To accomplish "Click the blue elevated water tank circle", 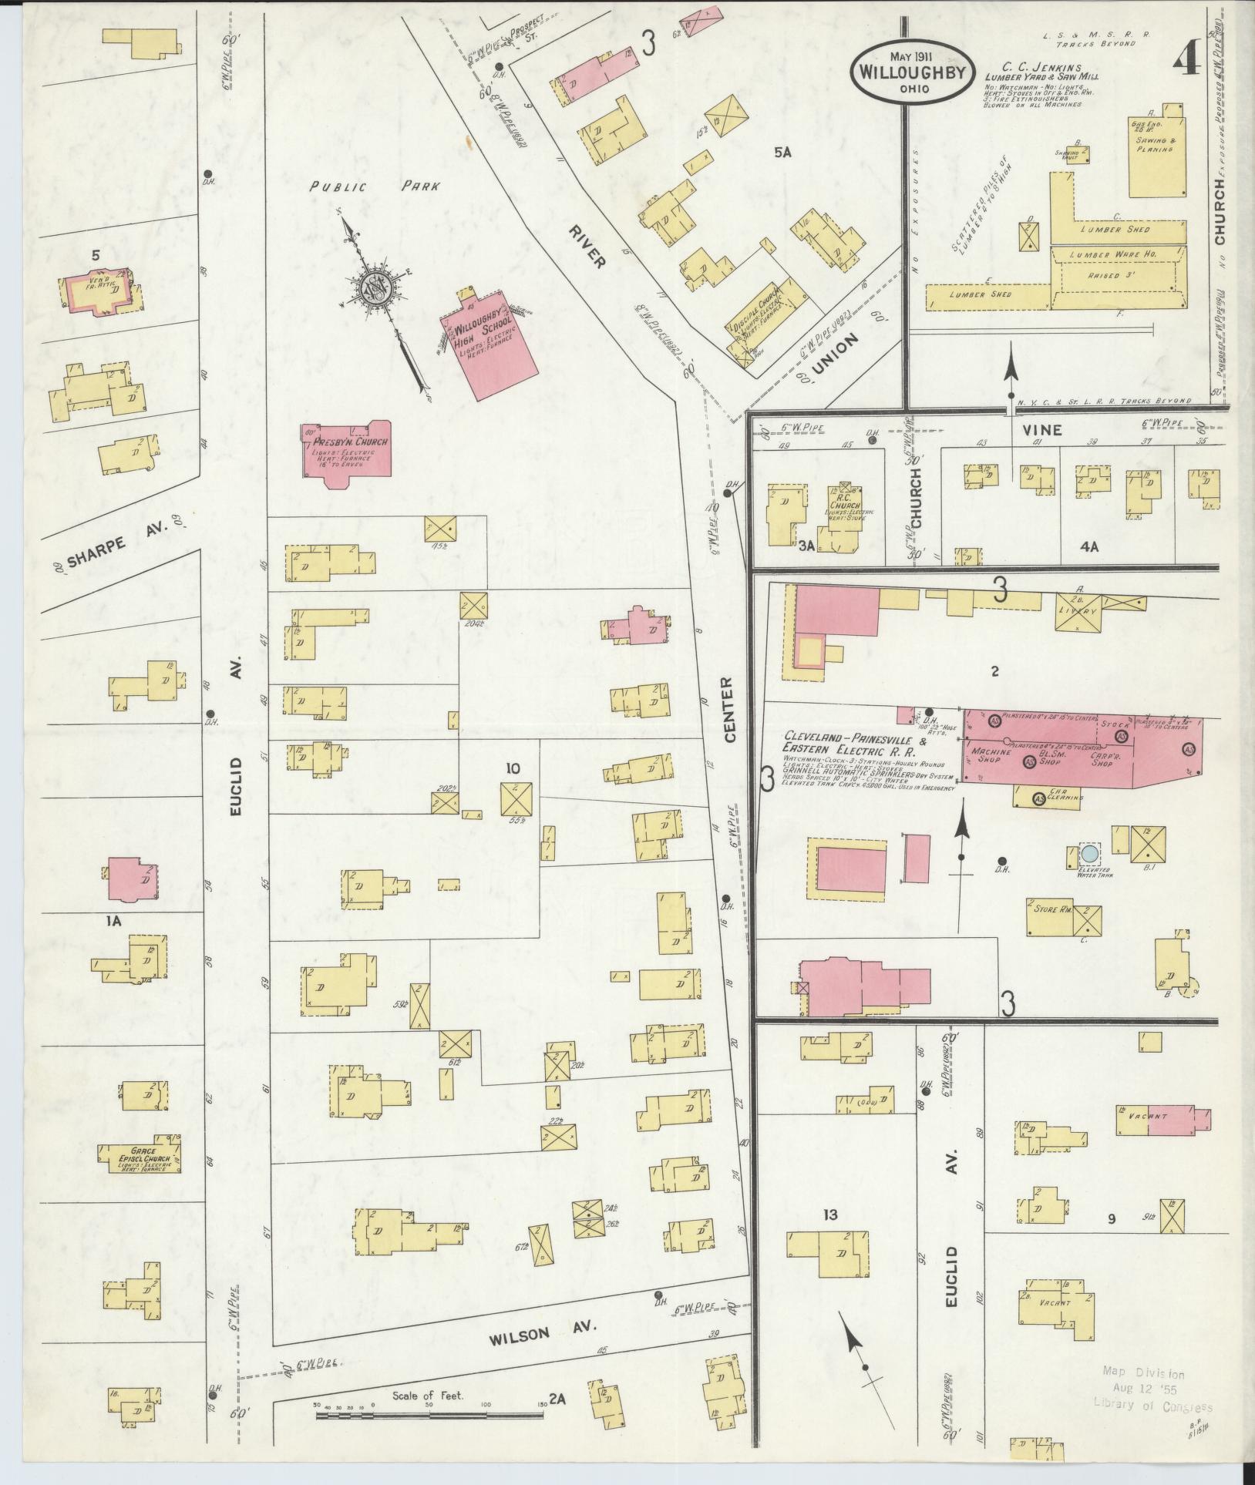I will pos(1089,854).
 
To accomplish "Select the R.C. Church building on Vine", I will pos(846,509).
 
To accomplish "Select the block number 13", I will pos(829,1216).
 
